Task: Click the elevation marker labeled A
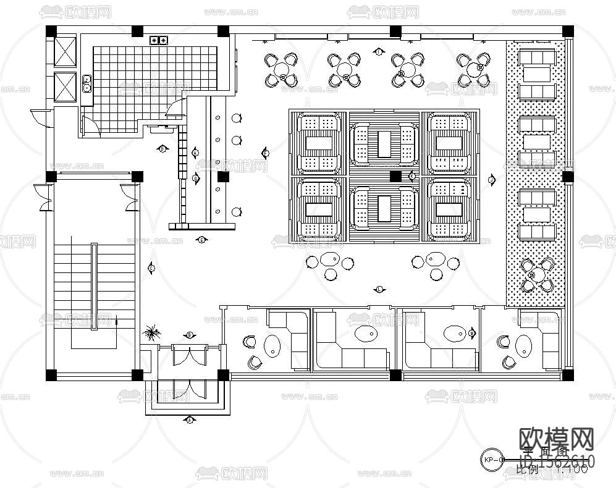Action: point(190,420)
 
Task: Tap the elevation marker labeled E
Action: point(201,239)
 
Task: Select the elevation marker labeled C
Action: point(152,267)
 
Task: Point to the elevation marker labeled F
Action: point(266,153)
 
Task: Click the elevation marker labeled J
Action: point(492,180)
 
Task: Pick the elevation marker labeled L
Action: point(379,288)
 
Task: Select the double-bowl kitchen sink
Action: point(86,83)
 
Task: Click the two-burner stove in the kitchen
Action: point(159,41)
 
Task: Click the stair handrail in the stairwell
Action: point(94,287)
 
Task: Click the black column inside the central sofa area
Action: point(395,176)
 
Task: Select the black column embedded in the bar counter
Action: point(223,177)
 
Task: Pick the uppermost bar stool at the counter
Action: point(236,118)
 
